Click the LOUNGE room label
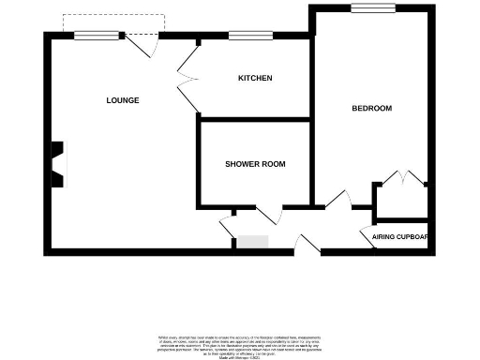123,100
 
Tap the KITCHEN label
255,78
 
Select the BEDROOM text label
371,109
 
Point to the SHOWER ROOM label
254,164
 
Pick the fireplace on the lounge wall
58,162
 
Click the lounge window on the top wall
97,35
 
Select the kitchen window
245,36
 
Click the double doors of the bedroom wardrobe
402,177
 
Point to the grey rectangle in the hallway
251,242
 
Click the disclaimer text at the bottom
241,342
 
